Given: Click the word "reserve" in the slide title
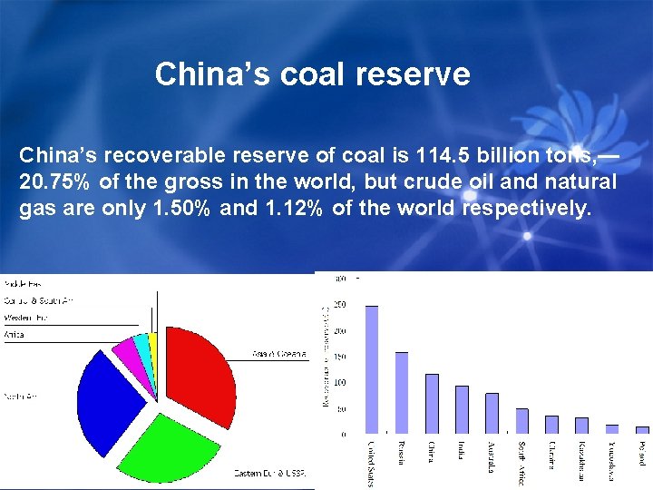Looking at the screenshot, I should tap(416, 73).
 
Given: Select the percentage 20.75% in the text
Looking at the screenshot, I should tap(54, 182).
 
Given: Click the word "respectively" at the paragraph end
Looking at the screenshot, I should tap(526, 209).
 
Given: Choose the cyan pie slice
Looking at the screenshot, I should tap(142, 346).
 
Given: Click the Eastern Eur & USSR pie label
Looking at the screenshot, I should tap(270, 473).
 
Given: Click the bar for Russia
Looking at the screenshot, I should tap(402, 392).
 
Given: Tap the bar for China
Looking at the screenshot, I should tap(432, 403).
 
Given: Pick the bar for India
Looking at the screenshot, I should tap(462, 409).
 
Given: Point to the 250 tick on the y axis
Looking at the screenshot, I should tap(338, 305).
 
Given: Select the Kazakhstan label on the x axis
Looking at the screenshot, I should tap(580, 462).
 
